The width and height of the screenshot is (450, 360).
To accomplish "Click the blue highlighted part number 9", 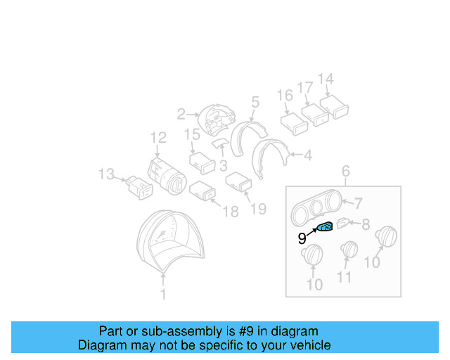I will click(x=326, y=226).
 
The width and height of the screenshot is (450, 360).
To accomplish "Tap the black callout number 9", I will click(x=302, y=239).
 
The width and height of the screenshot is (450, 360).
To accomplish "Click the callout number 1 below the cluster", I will click(x=163, y=295).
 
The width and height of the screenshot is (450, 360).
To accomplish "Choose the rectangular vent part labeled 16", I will click(x=294, y=124).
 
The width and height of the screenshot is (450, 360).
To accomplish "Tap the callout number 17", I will click(x=305, y=89).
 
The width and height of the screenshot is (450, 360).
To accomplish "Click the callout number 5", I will click(x=255, y=102).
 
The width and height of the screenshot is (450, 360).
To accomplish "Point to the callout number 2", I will click(x=181, y=113).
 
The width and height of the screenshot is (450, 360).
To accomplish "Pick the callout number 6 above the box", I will click(x=345, y=172).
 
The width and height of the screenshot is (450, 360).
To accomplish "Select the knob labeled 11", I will click(x=349, y=251).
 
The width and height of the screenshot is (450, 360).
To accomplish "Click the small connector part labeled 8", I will click(x=343, y=224).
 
